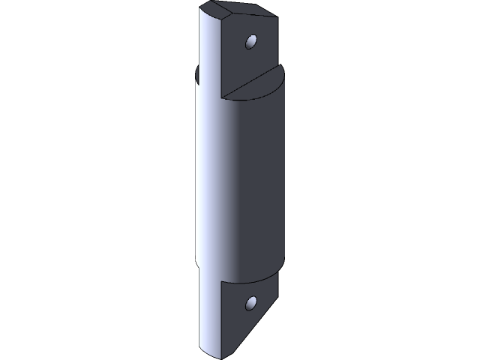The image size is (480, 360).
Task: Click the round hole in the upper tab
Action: click(x=251, y=40)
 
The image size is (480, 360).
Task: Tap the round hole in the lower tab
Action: click(x=251, y=304)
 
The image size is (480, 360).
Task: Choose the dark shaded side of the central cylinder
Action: click(x=259, y=180)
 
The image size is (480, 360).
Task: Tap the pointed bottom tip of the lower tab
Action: click(x=222, y=352)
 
